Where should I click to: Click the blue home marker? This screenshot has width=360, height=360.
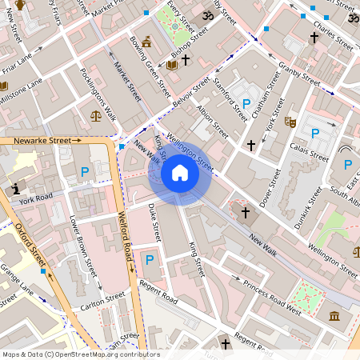[x=180, y=173]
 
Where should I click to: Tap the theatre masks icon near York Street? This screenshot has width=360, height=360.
[x=290, y=122]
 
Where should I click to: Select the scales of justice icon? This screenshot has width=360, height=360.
[x=97, y=115]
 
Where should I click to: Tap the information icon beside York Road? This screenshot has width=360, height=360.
[x=17, y=188]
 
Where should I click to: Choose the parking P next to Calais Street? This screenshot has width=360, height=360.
[x=314, y=133]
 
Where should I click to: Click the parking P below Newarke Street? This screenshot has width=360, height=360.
[x=84, y=171]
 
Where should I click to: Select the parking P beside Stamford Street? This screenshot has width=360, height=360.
[x=246, y=104]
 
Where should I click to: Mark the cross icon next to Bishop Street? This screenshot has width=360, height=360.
[x=186, y=60]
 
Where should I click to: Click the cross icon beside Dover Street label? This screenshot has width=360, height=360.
[x=250, y=145]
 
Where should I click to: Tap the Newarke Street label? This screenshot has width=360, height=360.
[x=42, y=140]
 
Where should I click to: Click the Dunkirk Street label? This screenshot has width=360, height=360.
[x=308, y=207]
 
